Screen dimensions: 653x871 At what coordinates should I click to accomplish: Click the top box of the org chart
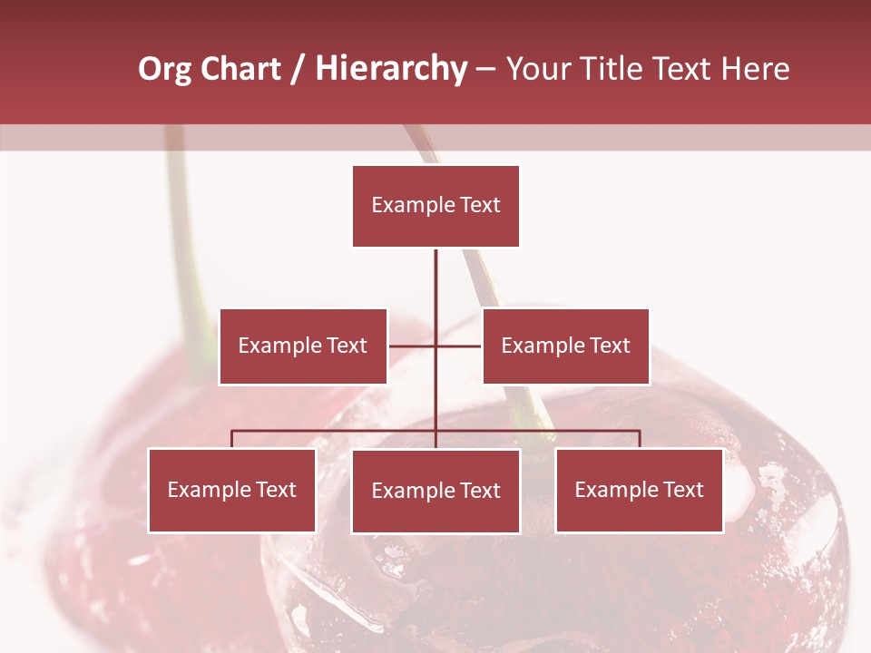coord(435,206)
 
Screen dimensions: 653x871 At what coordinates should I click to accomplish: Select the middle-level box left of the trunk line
coord(303,346)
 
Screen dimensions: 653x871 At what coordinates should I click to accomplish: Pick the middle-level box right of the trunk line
coord(565,346)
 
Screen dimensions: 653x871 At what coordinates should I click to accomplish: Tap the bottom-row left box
coord(232,490)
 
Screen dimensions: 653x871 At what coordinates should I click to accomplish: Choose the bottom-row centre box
coord(435,491)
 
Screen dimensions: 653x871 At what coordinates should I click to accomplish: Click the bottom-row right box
coord(639,490)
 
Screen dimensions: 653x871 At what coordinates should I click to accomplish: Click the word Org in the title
coord(164,69)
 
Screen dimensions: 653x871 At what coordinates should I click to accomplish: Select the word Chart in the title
coord(241,69)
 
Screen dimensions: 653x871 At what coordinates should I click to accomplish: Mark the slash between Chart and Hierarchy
coord(298,69)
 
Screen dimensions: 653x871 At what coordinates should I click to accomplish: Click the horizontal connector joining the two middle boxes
coord(413,346)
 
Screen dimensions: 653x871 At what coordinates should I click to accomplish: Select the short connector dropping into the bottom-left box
coord(232,440)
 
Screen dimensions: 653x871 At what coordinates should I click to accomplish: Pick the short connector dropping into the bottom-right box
coord(640,440)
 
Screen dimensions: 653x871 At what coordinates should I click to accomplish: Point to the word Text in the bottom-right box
coord(683,490)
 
